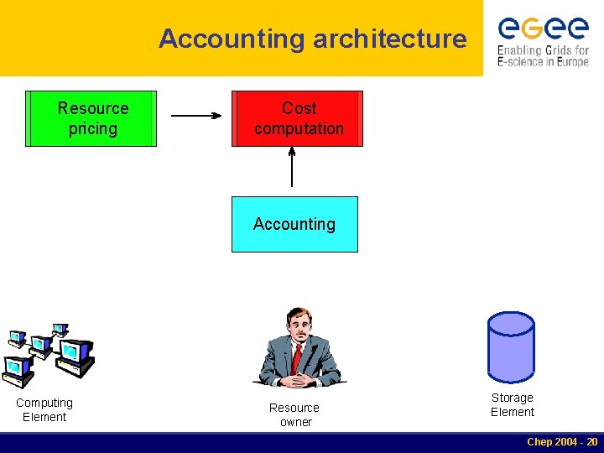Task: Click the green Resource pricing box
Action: click(x=91, y=118)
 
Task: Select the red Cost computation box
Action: click(x=298, y=118)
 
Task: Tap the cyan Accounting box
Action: click(x=294, y=224)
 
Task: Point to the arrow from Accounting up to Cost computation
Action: click(x=292, y=167)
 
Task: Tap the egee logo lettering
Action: click(x=543, y=29)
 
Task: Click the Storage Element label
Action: click(x=512, y=404)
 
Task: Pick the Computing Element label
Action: click(x=44, y=409)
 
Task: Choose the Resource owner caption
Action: click(x=294, y=414)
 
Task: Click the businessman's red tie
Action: click(x=296, y=357)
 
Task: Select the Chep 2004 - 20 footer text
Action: click(x=561, y=442)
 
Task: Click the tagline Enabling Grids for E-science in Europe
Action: click(x=543, y=56)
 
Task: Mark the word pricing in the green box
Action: click(x=93, y=128)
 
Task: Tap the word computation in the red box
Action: click(x=299, y=128)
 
